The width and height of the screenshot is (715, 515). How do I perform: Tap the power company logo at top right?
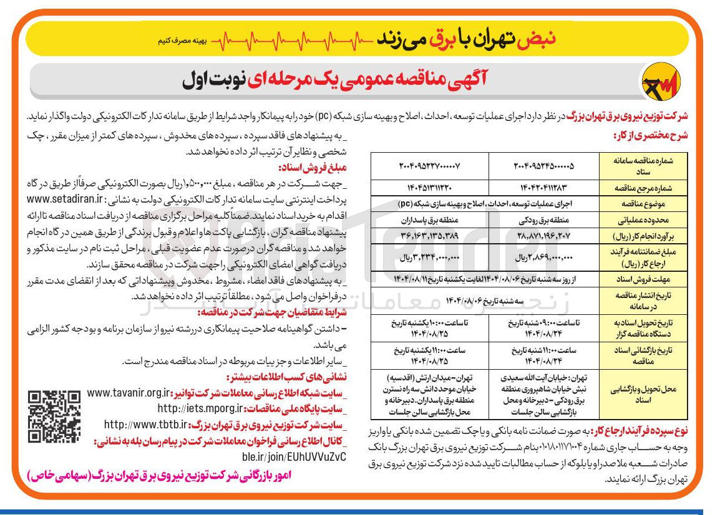click(x=661, y=82)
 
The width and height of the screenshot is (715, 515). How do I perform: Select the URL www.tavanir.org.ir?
click(x=129, y=393)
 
